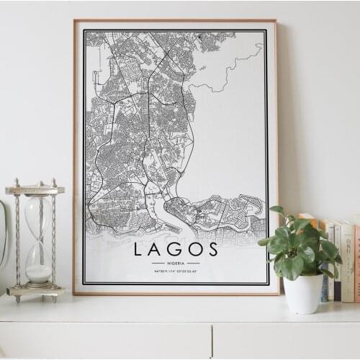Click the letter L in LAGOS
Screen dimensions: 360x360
point(138,249)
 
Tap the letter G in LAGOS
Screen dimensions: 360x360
point(175,249)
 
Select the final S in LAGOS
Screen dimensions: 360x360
point(212,249)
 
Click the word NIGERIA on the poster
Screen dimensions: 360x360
point(176,263)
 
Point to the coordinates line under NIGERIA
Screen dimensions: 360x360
point(176,271)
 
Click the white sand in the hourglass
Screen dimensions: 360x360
point(39,273)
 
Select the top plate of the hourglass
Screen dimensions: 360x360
point(35,190)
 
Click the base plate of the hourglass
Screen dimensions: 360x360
point(35,291)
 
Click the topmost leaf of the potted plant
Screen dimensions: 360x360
point(276,210)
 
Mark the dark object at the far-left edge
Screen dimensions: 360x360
point(2,238)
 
